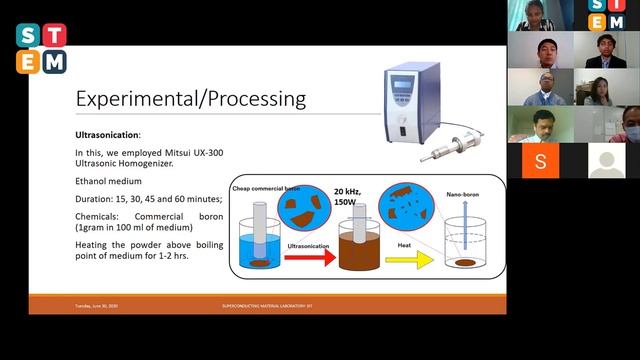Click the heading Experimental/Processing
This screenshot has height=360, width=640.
191,100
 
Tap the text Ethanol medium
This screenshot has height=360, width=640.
109,183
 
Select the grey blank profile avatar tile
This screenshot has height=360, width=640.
606,160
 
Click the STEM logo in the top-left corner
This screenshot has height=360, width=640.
41,47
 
